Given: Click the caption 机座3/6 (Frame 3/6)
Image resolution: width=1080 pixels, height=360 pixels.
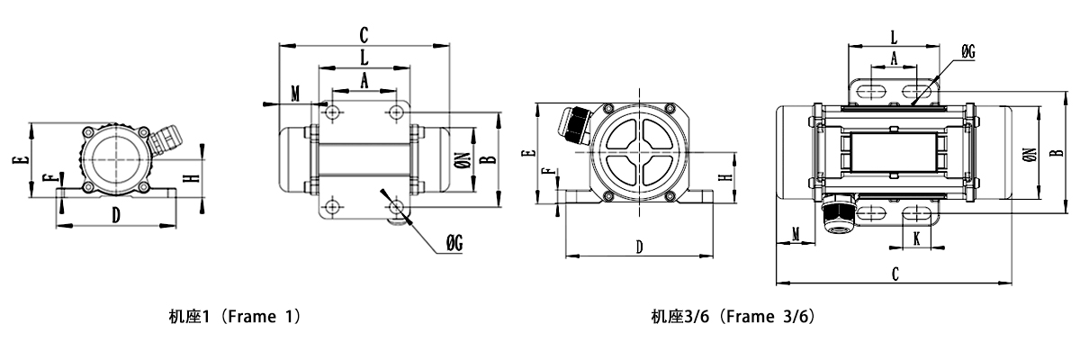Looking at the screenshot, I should tap(733, 317).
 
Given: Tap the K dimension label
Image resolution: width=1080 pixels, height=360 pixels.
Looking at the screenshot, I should tap(916, 238).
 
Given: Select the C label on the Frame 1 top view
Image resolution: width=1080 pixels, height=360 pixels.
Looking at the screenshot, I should tap(364, 35).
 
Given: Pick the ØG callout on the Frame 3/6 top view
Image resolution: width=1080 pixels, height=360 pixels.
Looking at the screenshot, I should tap(968, 53).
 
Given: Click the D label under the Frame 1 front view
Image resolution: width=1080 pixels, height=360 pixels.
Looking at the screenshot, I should tap(115, 214).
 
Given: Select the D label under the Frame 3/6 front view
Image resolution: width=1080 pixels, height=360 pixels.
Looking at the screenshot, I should tap(640, 246).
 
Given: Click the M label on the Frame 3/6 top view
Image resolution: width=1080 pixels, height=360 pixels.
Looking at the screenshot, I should tap(796, 234).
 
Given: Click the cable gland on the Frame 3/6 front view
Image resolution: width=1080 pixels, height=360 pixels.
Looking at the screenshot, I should tap(572, 122).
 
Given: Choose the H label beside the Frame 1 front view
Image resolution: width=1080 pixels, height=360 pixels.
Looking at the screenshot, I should tap(190, 177).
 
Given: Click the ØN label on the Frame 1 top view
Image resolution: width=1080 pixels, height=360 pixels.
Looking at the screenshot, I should tap(463, 160).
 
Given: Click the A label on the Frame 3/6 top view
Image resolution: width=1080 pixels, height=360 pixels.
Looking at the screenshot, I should tap(893, 57).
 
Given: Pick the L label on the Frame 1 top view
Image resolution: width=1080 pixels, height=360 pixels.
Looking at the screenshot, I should tap(364, 56).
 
